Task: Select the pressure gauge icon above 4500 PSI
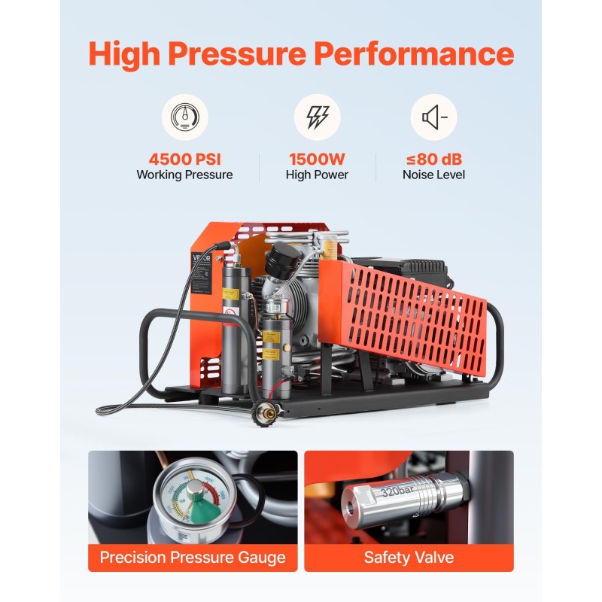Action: click(x=184, y=117)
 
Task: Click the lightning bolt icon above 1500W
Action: click(x=317, y=117)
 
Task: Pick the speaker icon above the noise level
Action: click(x=433, y=117)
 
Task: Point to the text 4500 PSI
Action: click(x=184, y=160)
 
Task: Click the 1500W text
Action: click(x=317, y=160)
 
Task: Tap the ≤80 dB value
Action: click(x=433, y=160)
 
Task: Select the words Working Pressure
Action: click(x=184, y=175)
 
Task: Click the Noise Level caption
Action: click(x=433, y=175)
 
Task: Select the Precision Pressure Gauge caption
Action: click(x=193, y=558)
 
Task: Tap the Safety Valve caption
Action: click(x=408, y=558)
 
